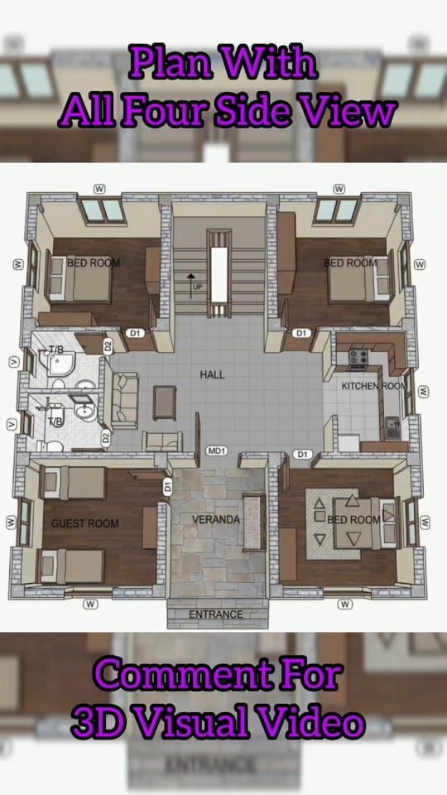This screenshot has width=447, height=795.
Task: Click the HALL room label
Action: [x=212, y=374]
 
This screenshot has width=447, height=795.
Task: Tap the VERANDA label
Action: [x=215, y=520]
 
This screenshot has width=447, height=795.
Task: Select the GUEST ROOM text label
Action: [x=85, y=523]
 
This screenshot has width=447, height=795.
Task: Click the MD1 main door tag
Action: [x=217, y=450]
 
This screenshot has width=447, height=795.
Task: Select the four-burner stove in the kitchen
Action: [x=358, y=358]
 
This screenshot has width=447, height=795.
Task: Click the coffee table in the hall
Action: [x=165, y=402]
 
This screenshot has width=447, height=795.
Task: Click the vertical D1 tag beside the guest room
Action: [x=167, y=488]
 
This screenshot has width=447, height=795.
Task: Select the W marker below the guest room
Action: [x=90, y=604]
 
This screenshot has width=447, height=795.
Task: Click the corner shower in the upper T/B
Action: [x=60, y=364]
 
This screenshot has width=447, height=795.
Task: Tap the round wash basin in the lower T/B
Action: [x=85, y=412]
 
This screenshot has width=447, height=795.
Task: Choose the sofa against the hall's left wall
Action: [x=124, y=400]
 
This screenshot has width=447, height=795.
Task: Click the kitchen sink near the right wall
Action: [x=392, y=427]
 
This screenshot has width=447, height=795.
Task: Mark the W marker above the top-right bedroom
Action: [x=339, y=189]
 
